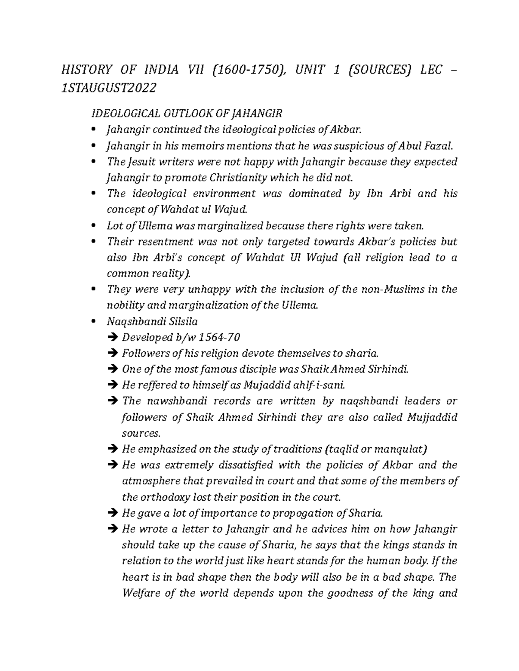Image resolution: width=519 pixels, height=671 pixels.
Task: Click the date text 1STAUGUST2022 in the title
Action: point(109,88)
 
